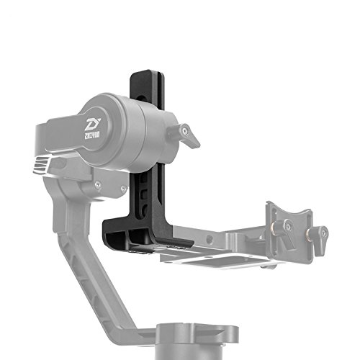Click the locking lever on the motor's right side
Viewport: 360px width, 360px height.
[x=188, y=136]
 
